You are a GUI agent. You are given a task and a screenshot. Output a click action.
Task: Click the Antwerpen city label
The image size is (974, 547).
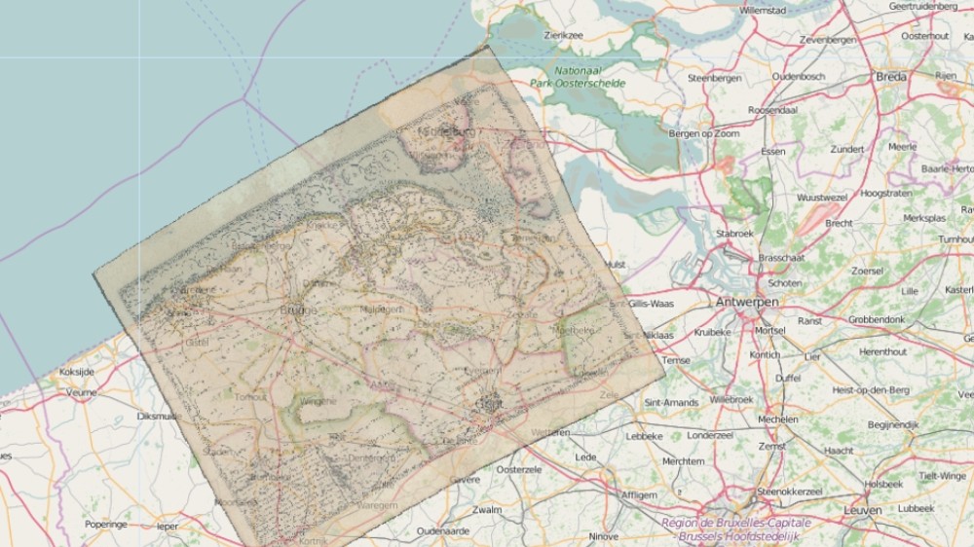click(x=747, y=303)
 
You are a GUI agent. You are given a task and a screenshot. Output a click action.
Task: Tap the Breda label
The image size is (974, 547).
click(x=890, y=77)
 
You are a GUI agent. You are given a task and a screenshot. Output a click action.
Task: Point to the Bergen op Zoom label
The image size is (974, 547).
click(x=704, y=133)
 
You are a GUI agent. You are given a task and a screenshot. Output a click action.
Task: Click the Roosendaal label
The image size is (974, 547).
click(x=772, y=111)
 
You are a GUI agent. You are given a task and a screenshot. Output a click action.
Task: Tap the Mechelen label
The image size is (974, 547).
click(x=777, y=419)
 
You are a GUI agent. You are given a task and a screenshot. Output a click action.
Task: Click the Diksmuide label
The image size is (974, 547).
click(x=160, y=416)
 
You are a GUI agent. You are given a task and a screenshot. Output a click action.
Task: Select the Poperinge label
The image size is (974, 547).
click(x=105, y=524)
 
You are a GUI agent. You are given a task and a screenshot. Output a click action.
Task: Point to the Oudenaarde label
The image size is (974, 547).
click(x=443, y=531)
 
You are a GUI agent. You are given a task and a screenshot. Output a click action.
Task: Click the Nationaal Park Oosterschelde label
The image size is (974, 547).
click(x=578, y=77)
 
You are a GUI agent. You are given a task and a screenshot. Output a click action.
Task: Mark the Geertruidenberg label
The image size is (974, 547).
click(x=922, y=6)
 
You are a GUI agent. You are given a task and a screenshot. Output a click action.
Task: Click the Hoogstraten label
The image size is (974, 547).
click(x=886, y=194)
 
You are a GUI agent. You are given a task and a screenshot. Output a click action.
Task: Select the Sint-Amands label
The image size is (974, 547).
click(x=671, y=401)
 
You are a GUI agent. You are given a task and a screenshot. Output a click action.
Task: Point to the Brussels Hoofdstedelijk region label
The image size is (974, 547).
click(x=738, y=536)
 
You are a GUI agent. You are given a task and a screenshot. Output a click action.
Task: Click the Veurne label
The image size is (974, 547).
click(x=82, y=393)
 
